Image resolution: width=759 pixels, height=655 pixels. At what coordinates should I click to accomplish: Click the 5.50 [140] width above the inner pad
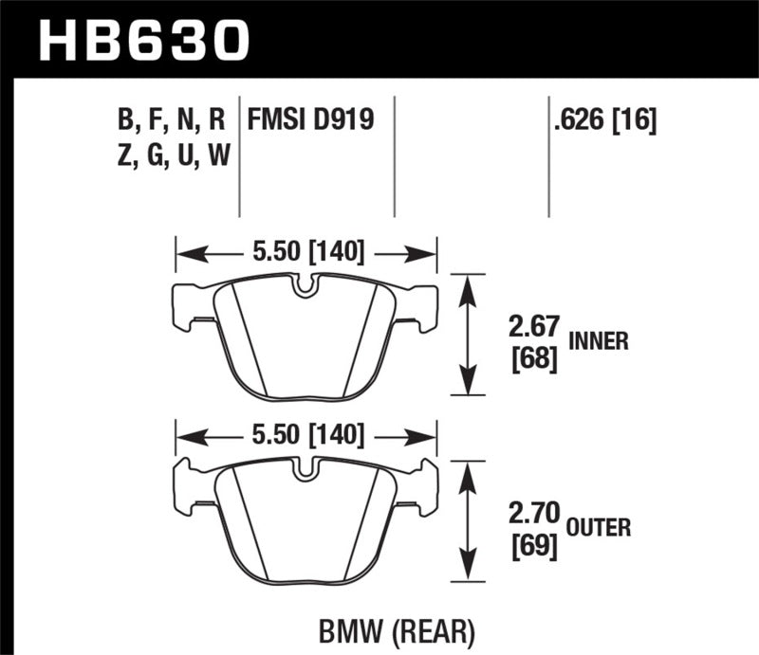point(305,254)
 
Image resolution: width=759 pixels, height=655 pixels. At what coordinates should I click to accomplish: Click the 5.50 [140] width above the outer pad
point(305,435)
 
